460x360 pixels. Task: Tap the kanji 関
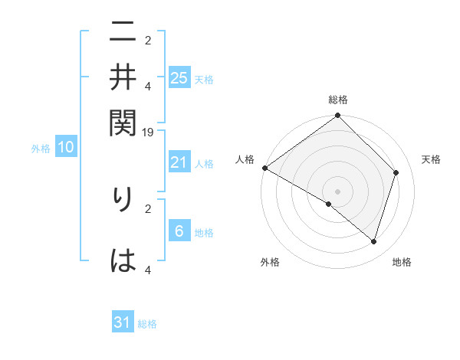click(123, 122)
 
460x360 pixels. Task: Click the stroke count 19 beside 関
click(149, 133)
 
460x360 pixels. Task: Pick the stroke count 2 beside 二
click(148, 40)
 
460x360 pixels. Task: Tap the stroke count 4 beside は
click(148, 270)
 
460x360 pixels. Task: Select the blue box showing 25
click(179, 78)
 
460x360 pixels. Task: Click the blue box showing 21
click(179, 162)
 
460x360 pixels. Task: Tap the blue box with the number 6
click(179, 232)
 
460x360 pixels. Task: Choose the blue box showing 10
click(66, 148)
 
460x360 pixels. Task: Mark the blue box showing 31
click(123, 323)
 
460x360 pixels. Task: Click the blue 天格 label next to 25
click(204, 80)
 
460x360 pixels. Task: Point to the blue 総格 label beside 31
click(147, 325)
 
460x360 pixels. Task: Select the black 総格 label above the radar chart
click(338, 100)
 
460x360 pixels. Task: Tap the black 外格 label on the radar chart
click(270, 263)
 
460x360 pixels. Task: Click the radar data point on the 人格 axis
click(264, 168)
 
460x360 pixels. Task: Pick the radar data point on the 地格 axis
click(373, 242)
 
